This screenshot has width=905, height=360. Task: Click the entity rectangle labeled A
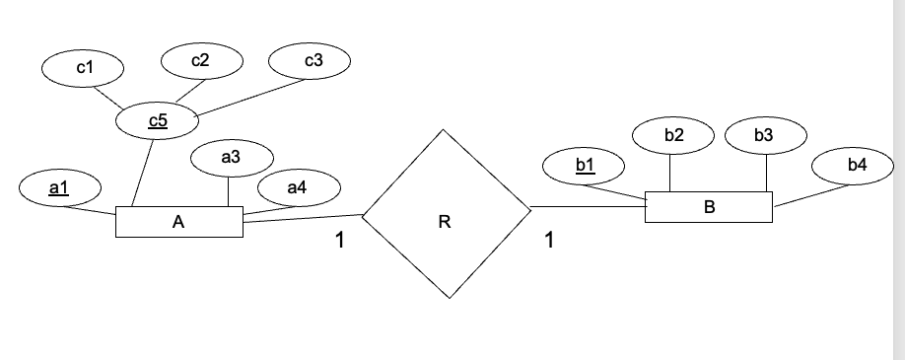(178, 222)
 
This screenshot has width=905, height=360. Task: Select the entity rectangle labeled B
(709, 207)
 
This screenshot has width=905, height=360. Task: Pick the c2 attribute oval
(200, 60)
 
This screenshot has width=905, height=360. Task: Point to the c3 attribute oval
(313, 60)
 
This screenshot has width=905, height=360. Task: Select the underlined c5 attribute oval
(158, 121)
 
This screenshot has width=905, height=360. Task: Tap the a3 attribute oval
(231, 156)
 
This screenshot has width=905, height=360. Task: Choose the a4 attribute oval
(297, 186)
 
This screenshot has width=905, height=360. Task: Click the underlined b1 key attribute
(585, 164)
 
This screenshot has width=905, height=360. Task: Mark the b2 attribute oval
(673, 135)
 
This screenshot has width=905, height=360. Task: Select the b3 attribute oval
(764, 135)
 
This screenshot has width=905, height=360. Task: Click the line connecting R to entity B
(588, 207)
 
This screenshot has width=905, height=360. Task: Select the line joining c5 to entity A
(142, 172)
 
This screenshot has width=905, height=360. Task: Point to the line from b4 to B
(811, 196)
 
